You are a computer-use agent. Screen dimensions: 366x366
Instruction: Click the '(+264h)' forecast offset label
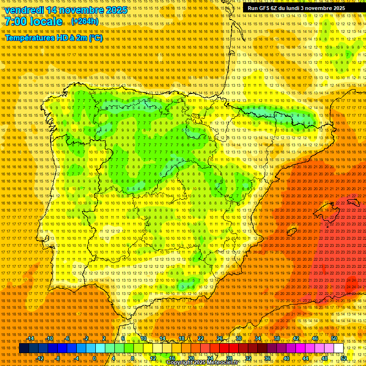pos(85,21)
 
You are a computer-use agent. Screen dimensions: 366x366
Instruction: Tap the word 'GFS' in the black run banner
pos(265,8)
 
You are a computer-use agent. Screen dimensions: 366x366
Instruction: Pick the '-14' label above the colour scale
pos(30,338)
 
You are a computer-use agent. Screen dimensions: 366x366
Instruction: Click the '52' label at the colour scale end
pos(344,358)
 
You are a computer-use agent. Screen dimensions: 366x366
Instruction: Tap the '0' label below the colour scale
pos(94,358)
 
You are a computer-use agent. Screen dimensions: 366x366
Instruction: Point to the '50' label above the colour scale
pos(334,338)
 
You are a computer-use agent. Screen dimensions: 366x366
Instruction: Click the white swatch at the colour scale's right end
pos(339,348)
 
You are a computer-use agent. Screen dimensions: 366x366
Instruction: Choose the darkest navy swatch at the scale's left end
pos(24,348)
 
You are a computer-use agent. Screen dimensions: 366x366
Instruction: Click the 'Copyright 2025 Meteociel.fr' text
pos(202,363)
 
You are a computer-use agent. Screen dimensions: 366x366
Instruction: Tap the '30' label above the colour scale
pos(238,338)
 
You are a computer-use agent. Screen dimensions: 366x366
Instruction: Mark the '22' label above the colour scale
pos(200,338)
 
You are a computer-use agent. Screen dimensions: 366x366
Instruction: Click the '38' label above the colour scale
pos(276,338)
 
